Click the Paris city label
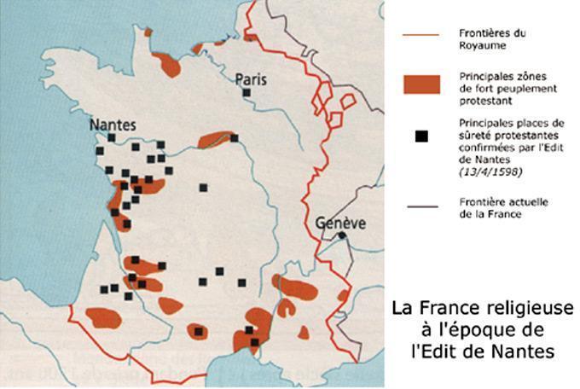coord(251,79)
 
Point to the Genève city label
coord(341,222)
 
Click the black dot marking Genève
coord(341,235)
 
